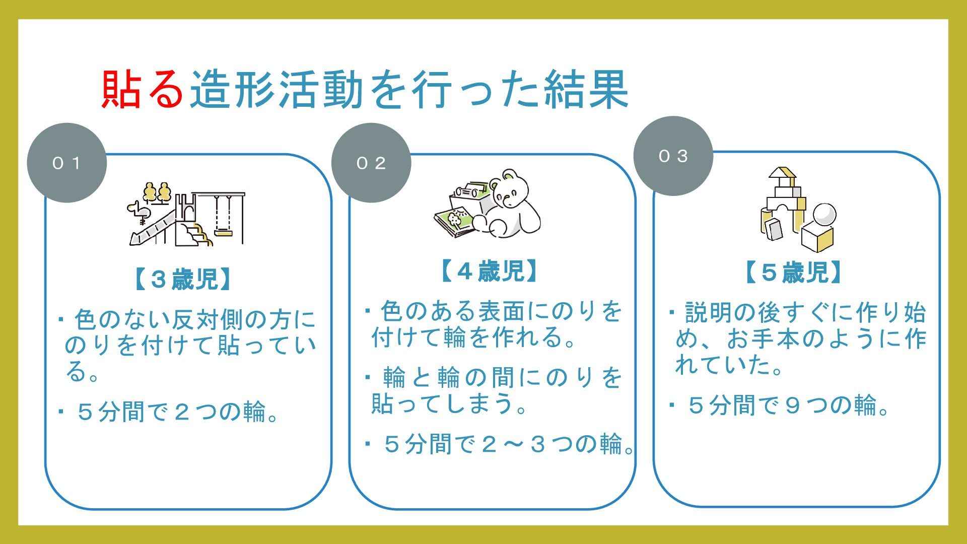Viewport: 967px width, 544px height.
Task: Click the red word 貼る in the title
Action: tap(142, 90)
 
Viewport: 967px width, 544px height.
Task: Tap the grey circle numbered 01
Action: tap(66, 163)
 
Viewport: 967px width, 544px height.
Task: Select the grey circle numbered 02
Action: tap(371, 163)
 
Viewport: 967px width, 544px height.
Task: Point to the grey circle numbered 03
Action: tap(673, 156)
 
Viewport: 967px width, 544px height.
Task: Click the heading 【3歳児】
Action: tap(183, 279)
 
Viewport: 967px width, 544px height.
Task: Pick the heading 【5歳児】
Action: tap(793, 273)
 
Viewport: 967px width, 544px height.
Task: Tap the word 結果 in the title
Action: tap(586, 90)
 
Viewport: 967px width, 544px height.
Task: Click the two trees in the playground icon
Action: tap(157, 192)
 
